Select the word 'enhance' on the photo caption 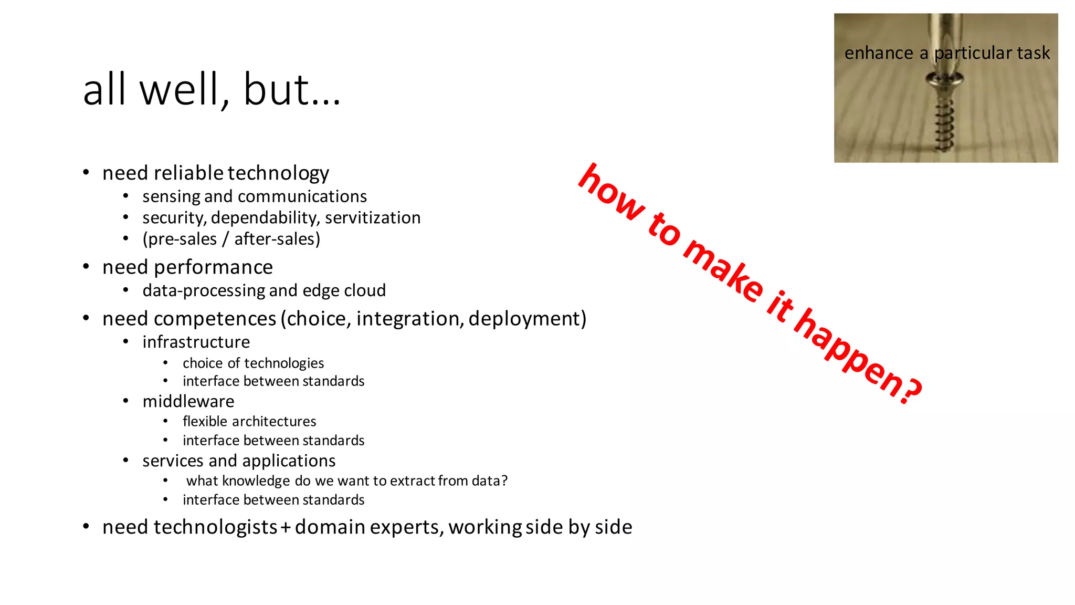[879, 53]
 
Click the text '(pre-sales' [180, 239]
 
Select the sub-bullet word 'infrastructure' [196, 342]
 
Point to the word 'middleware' [188, 401]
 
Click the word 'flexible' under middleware [205, 421]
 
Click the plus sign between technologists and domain [286, 527]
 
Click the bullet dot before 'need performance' [86, 267]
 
